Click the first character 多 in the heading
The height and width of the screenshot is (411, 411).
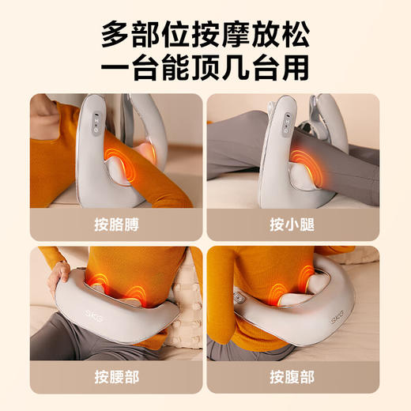click(x=116, y=35)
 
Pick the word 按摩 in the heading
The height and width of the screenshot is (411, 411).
click(x=216, y=35)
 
